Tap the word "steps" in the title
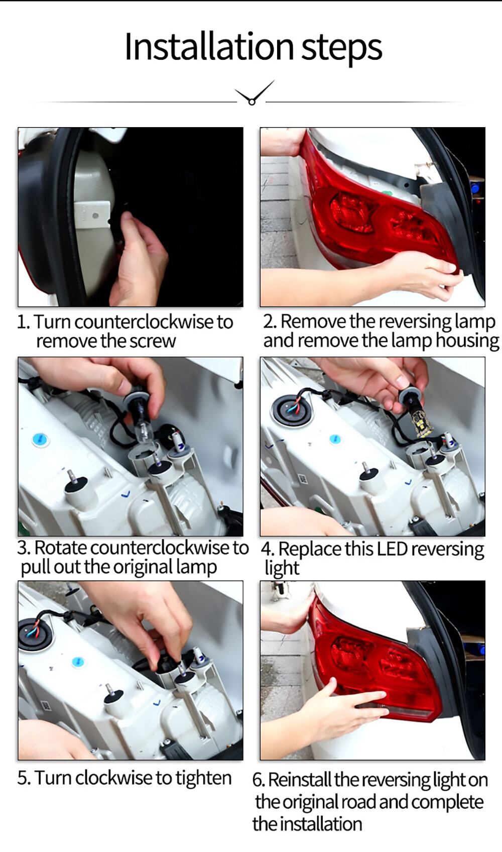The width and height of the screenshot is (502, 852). pyautogui.click(x=342, y=49)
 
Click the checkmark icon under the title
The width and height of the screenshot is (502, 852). pyautogui.click(x=255, y=92)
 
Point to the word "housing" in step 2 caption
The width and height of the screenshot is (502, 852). pyautogui.click(x=467, y=341)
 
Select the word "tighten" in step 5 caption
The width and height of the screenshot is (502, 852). pyautogui.click(x=203, y=778)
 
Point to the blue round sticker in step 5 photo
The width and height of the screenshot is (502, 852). pyautogui.click(x=78, y=662)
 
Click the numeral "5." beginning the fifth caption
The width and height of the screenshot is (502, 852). pyautogui.click(x=24, y=778)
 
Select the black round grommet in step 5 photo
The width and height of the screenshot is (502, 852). pyautogui.click(x=34, y=634)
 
